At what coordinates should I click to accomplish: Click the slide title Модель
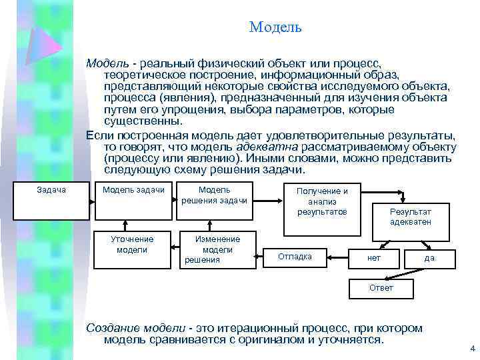click(275, 27)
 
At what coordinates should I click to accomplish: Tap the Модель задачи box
click(133, 199)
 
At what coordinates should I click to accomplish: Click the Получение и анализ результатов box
click(322, 209)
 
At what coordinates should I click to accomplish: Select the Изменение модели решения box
click(217, 249)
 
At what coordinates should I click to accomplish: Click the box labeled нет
click(374, 258)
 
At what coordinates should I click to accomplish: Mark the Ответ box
click(381, 288)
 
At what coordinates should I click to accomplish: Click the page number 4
click(472, 349)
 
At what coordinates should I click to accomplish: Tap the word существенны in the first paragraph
click(143, 121)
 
